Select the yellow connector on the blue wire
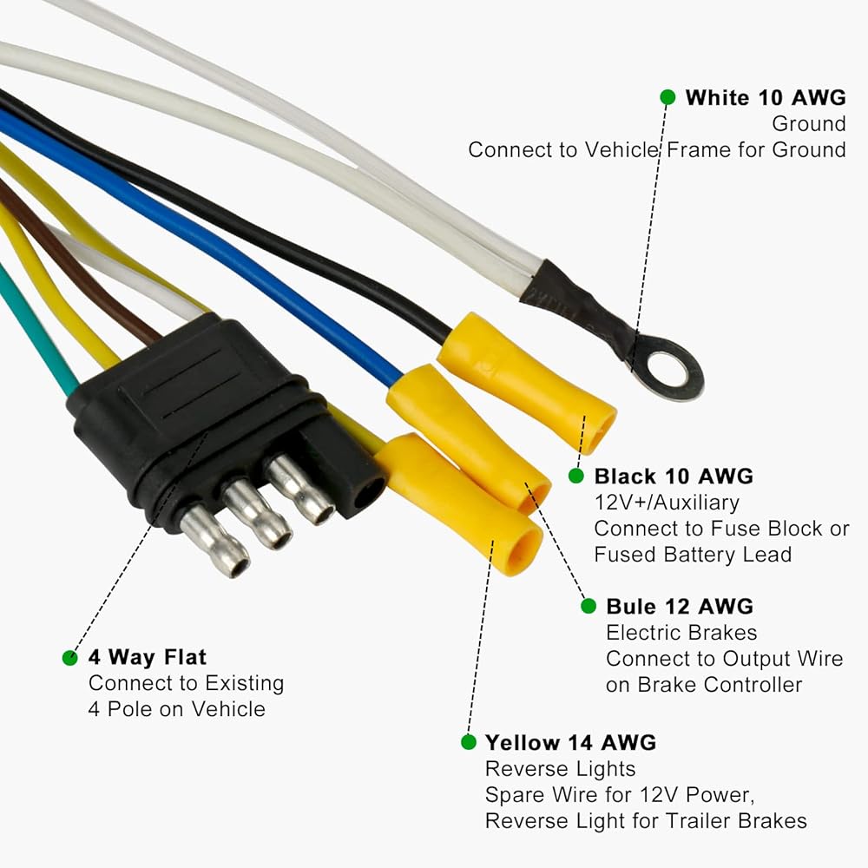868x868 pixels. coord(469,437)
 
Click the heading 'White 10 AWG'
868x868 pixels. coord(766,97)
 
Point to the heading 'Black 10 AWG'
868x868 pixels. coord(674,476)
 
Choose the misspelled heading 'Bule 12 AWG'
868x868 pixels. coord(680,606)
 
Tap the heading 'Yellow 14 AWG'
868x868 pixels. coord(571,742)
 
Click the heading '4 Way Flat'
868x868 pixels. coord(148,657)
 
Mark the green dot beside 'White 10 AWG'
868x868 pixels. coord(668,97)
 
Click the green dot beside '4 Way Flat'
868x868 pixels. coord(69,658)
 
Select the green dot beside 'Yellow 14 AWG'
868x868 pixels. coord(469,742)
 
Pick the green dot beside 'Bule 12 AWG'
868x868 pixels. coord(589,606)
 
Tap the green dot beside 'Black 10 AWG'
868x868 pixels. coord(576,476)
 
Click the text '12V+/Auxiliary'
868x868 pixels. coord(667,503)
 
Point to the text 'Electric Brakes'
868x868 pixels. coord(681,632)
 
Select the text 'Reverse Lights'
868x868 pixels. coord(560,769)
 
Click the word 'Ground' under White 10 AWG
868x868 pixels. coord(809,123)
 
